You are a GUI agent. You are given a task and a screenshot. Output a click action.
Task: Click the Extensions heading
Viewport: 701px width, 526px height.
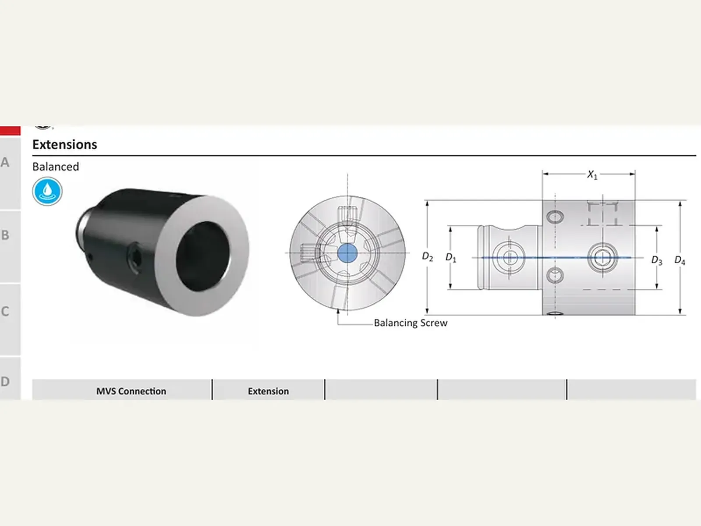click(x=64, y=145)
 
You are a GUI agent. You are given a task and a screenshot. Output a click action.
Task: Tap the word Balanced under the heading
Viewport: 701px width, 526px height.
click(x=56, y=167)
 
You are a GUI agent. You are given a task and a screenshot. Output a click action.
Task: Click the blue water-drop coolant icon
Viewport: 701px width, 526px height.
click(x=47, y=191)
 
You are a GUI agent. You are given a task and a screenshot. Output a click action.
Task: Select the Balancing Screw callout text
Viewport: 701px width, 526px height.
click(x=411, y=323)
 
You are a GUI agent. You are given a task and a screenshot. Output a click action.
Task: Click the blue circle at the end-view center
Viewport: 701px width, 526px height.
click(x=347, y=253)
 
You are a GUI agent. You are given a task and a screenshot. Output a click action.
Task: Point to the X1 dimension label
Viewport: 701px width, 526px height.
click(x=592, y=175)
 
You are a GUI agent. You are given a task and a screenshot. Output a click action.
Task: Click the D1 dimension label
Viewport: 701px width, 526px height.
click(x=451, y=258)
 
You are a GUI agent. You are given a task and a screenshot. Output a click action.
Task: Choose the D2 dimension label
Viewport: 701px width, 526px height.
click(x=427, y=256)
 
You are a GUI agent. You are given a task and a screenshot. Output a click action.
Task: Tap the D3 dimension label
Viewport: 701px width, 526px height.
click(x=657, y=260)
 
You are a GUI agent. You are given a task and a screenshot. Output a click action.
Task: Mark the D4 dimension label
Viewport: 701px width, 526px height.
click(x=680, y=260)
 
